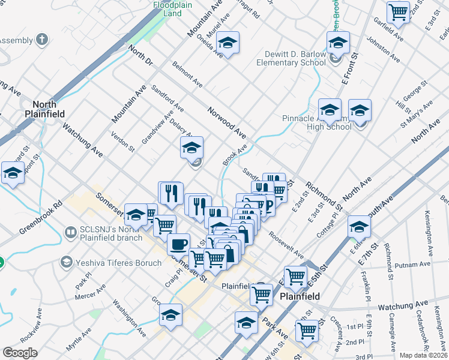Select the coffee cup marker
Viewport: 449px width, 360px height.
178,244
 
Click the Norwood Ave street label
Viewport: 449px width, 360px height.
227,121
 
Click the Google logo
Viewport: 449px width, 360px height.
20,353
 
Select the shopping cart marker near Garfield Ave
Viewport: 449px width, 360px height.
398,11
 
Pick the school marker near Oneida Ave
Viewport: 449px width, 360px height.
228,43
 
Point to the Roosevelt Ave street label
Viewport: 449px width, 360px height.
287,244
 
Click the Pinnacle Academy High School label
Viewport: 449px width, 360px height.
316,122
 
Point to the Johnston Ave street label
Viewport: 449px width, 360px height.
382,52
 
